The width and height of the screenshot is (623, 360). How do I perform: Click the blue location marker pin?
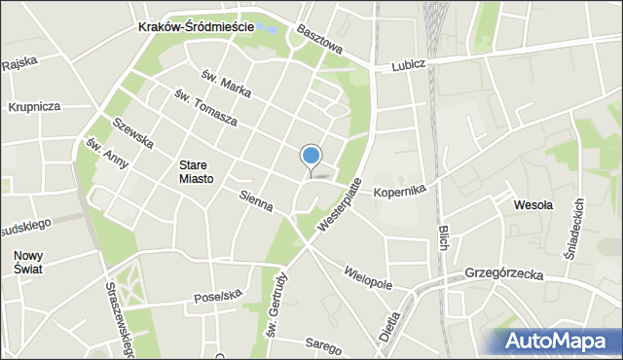click(311, 157)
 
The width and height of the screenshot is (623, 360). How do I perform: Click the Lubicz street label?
click(410, 67)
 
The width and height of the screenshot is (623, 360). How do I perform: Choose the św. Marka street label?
click(226, 86)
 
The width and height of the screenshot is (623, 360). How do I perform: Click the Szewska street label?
click(133, 133)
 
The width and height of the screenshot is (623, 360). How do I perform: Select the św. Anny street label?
click(107, 155)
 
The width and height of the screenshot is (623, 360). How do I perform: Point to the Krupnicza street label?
click(34, 106)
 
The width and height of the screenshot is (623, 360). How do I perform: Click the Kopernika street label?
click(400, 192)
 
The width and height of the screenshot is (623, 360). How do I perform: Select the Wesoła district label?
click(532, 205)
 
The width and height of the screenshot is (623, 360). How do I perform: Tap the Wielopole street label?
click(367, 273)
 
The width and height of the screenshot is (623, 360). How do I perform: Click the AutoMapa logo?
click(556, 342)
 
